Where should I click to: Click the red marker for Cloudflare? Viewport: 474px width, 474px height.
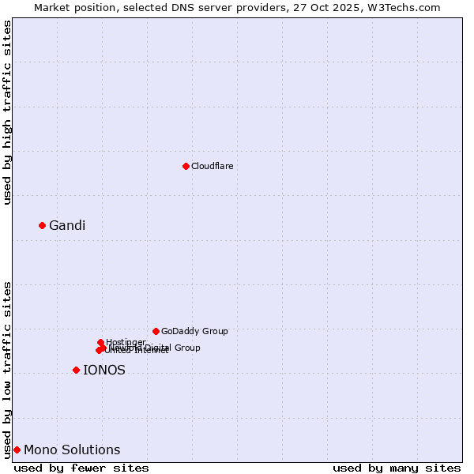[x=186, y=166]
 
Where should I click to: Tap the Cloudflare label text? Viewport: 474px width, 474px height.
[x=212, y=167]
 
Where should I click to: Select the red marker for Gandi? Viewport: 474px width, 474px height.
[x=42, y=225]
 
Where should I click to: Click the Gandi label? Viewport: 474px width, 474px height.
[x=67, y=226]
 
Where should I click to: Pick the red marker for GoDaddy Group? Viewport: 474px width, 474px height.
[x=156, y=331]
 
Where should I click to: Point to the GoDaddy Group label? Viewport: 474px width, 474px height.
[x=194, y=332]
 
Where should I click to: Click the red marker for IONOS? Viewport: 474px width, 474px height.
[x=76, y=370]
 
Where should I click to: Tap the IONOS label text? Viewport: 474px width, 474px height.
[x=104, y=371]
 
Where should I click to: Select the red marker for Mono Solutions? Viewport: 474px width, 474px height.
[x=17, y=450]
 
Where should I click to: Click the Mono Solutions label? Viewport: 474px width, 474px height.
[x=72, y=450]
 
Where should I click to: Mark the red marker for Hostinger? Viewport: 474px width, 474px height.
[x=100, y=342]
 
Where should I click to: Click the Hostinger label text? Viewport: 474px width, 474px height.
[x=126, y=343]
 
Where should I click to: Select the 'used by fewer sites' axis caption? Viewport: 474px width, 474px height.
[x=81, y=468]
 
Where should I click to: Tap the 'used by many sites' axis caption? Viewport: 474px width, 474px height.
[x=397, y=468]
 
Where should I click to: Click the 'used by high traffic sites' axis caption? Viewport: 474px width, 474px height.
[x=8, y=112]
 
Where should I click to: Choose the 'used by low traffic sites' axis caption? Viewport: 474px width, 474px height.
[x=8, y=370]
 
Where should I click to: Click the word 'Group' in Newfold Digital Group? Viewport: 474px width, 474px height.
[x=186, y=348]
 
